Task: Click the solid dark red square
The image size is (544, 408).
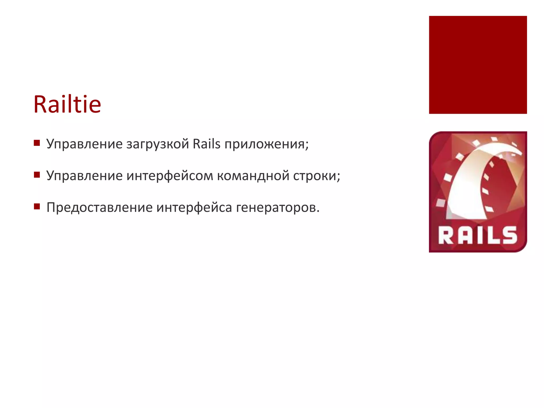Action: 478,65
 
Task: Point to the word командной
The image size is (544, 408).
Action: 253,176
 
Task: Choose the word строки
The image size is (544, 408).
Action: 315,176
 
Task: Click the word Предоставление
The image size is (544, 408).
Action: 99,207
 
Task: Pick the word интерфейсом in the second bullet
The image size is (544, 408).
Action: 169,176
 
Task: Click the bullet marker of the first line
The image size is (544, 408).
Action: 37,143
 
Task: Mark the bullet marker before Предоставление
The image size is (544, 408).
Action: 37,206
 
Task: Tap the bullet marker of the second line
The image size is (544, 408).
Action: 37,175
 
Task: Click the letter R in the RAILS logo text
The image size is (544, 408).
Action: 446,235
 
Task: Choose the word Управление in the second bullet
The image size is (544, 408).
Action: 84,176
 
